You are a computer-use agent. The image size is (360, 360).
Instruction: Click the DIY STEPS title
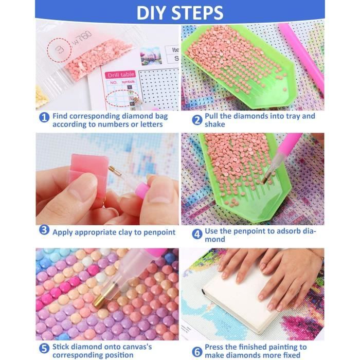(x=180, y=12)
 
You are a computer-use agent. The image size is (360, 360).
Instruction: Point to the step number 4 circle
(x=196, y=234)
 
